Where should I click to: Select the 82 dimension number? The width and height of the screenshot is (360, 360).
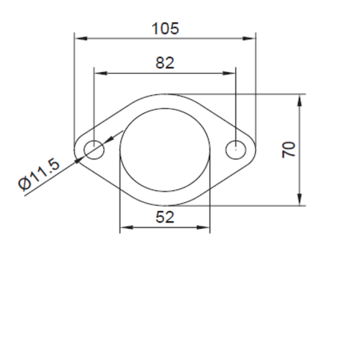tap(165, 63)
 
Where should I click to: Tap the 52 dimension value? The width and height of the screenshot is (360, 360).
tap(165, 216)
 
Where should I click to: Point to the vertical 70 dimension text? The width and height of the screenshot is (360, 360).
tap(289, 150)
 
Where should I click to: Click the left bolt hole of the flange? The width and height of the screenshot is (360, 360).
tap(94, 150)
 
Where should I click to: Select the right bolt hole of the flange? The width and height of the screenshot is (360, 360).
tap(236, 150)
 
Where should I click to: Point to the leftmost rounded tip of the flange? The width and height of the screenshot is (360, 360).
tap(75, 150)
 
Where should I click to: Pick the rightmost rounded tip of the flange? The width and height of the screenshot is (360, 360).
tap(255, 150)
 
